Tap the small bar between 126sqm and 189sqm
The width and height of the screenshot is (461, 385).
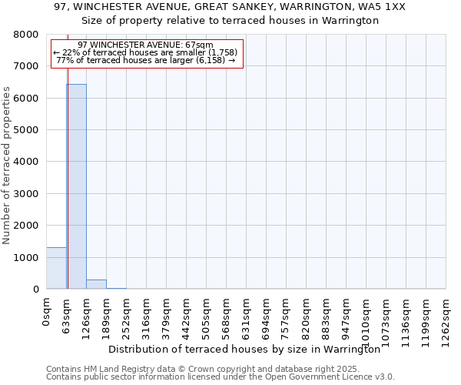(96, 284)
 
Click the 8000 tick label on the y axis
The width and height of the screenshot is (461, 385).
(25, 35)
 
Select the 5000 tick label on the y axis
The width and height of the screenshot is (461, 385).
(25, 130)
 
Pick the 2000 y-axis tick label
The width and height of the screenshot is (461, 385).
(25, 226)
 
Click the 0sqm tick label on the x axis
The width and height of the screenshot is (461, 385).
(47, 314)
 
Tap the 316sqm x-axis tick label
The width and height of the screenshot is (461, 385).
(147, 318)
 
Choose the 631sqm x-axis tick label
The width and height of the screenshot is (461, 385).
(247, 318)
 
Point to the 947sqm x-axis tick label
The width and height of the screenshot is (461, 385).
(347, 318)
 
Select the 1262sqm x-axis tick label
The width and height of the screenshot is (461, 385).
(446, 321)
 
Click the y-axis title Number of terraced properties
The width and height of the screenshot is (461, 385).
(7, 165)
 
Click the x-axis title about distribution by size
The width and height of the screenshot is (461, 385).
(244, 349)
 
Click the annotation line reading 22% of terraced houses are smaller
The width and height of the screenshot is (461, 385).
(146, 52)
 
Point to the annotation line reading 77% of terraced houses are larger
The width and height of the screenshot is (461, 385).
(146, 60)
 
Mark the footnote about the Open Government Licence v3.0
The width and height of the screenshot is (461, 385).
(221, 377)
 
